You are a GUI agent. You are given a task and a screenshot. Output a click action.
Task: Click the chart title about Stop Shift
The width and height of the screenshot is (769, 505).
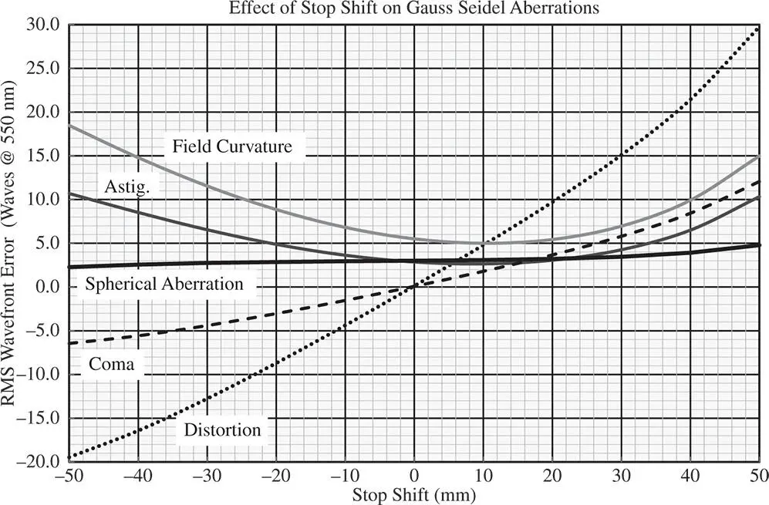click(x=414, y=9)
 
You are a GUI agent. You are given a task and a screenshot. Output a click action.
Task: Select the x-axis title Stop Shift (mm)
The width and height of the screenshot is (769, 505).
click(x=414, y=493)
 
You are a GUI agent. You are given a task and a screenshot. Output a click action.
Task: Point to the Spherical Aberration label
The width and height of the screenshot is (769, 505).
click(x=164, y=284)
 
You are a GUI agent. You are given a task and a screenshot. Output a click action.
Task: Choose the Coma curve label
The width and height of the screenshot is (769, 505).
click(x=111, y=364)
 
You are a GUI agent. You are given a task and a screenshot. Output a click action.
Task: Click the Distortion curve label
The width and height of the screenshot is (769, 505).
click(x=223, y=429)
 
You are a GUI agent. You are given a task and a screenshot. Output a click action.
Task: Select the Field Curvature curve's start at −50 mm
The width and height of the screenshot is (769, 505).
click(x=69, y=125)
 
